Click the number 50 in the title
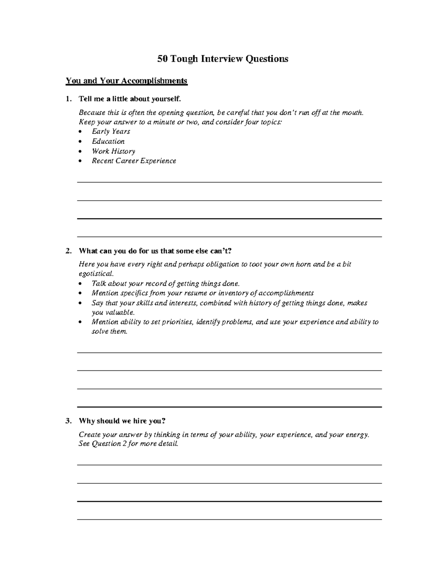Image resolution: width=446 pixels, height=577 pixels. click(162, 59)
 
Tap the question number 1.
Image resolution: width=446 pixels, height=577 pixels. click(68, 99)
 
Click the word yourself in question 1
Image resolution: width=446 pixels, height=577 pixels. click(165, 99)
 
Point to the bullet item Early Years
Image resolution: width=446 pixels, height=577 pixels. click(111, 132)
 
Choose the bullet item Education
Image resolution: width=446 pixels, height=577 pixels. click(108, 141)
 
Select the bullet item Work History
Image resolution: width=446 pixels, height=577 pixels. click(113, 151)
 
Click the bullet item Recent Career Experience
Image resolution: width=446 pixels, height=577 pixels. click(134, 161)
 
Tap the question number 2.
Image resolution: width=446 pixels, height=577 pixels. click(68, 251)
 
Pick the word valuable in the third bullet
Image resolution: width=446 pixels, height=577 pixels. click(113, 312)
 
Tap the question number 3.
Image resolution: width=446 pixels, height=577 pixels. click(68, 421)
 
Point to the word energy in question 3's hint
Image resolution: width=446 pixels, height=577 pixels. click(357, 435)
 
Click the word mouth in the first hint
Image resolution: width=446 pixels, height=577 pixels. click(352, 113)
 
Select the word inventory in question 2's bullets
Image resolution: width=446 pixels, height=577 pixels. click(239, 293)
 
